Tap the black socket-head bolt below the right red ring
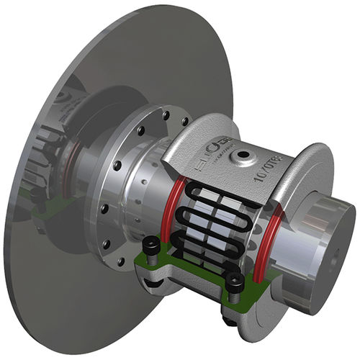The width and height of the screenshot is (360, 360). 235,288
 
